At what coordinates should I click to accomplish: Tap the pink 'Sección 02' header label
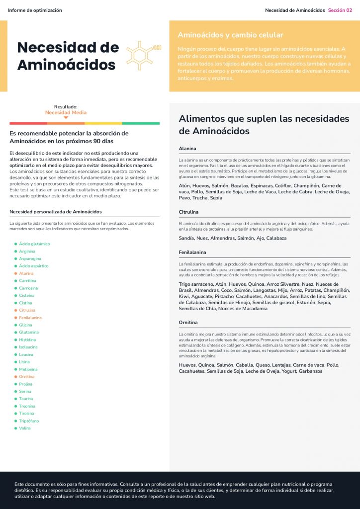(340, 10)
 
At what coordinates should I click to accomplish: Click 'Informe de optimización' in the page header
(35, 10)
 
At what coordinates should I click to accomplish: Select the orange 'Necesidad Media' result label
(66, 112)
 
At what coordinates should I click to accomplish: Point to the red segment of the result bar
(28, 123)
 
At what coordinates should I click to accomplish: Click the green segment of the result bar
(141, 123)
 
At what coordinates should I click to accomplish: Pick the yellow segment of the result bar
(103, 123)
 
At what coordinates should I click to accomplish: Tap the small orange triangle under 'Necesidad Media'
(66, 118)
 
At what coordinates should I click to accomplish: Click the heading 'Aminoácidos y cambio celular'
(230, 35)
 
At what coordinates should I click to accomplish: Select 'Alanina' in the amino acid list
(26, 273)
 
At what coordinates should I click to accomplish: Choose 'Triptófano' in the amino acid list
(29, 421)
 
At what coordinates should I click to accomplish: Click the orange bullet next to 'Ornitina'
(16, 377)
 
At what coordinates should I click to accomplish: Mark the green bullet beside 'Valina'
(16, 428)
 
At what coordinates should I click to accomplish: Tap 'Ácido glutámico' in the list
(34, 244)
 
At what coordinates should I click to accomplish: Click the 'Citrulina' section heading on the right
(188, 212)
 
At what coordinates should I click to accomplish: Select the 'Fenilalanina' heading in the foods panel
(192, 253)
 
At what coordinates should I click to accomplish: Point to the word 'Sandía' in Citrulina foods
(186, 238)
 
